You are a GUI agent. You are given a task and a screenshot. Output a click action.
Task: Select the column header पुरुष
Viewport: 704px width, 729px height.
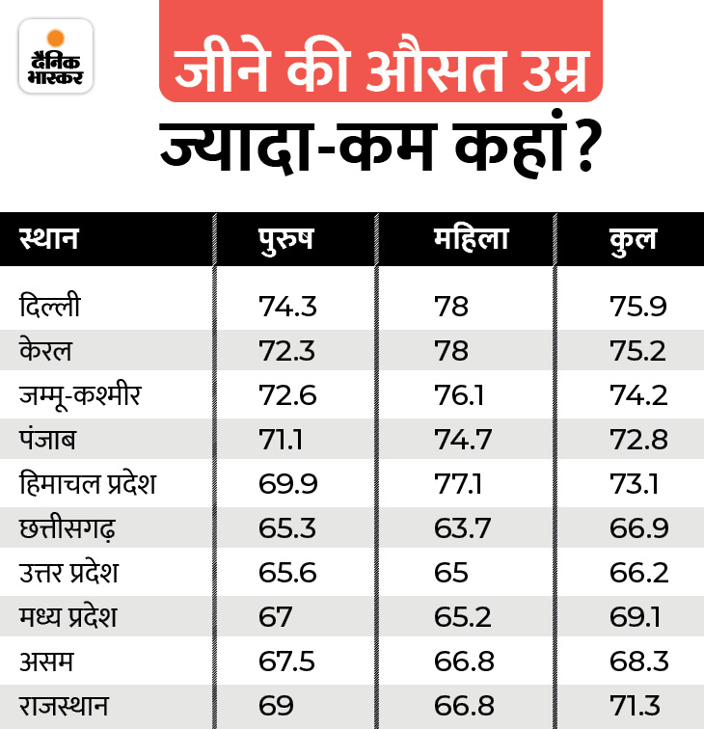pyautogui.click(x=285, y=238)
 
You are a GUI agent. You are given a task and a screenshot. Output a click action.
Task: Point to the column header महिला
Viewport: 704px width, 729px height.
pyautogui.click(x=470, y=238)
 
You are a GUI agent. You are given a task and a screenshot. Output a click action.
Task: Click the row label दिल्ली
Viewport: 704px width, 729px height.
pyautogui.click(x=50, y=307)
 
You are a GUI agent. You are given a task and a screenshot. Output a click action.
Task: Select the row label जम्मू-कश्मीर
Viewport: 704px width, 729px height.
pyautogui.click(x=81, y=394)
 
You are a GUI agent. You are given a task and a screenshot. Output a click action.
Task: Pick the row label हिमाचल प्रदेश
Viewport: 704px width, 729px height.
pyautogui.click(x=88, y=482)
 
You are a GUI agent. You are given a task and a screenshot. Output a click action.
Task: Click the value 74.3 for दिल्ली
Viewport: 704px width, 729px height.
pyautogui.click(x=286, y=307)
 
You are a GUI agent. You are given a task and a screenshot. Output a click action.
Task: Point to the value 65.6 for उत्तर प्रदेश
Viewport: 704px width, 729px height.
pyautogui.click(x=285, y=571)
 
